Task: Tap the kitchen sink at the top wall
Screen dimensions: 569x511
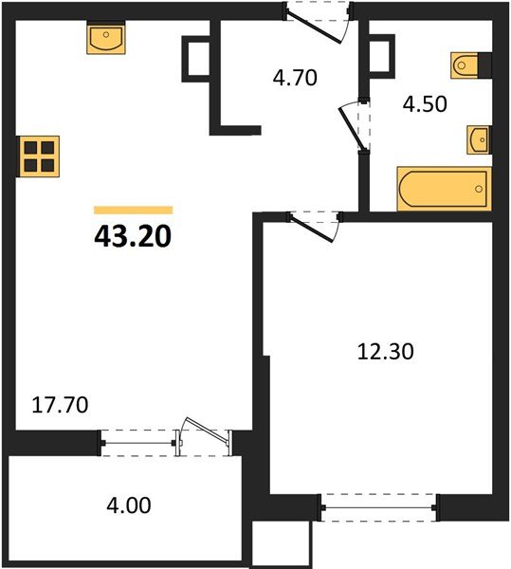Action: pyautogui.click(x=106, y=39)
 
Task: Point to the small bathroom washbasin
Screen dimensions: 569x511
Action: pyautogui.click(x=480, y=140)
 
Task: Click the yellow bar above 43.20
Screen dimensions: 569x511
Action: pyautogui.click(x=133, y=210)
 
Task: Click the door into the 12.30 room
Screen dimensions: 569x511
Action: pyautogui.click(x=314, y=224)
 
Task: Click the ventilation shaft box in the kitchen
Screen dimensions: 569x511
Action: pyautogui.click(x=195, y=58)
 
